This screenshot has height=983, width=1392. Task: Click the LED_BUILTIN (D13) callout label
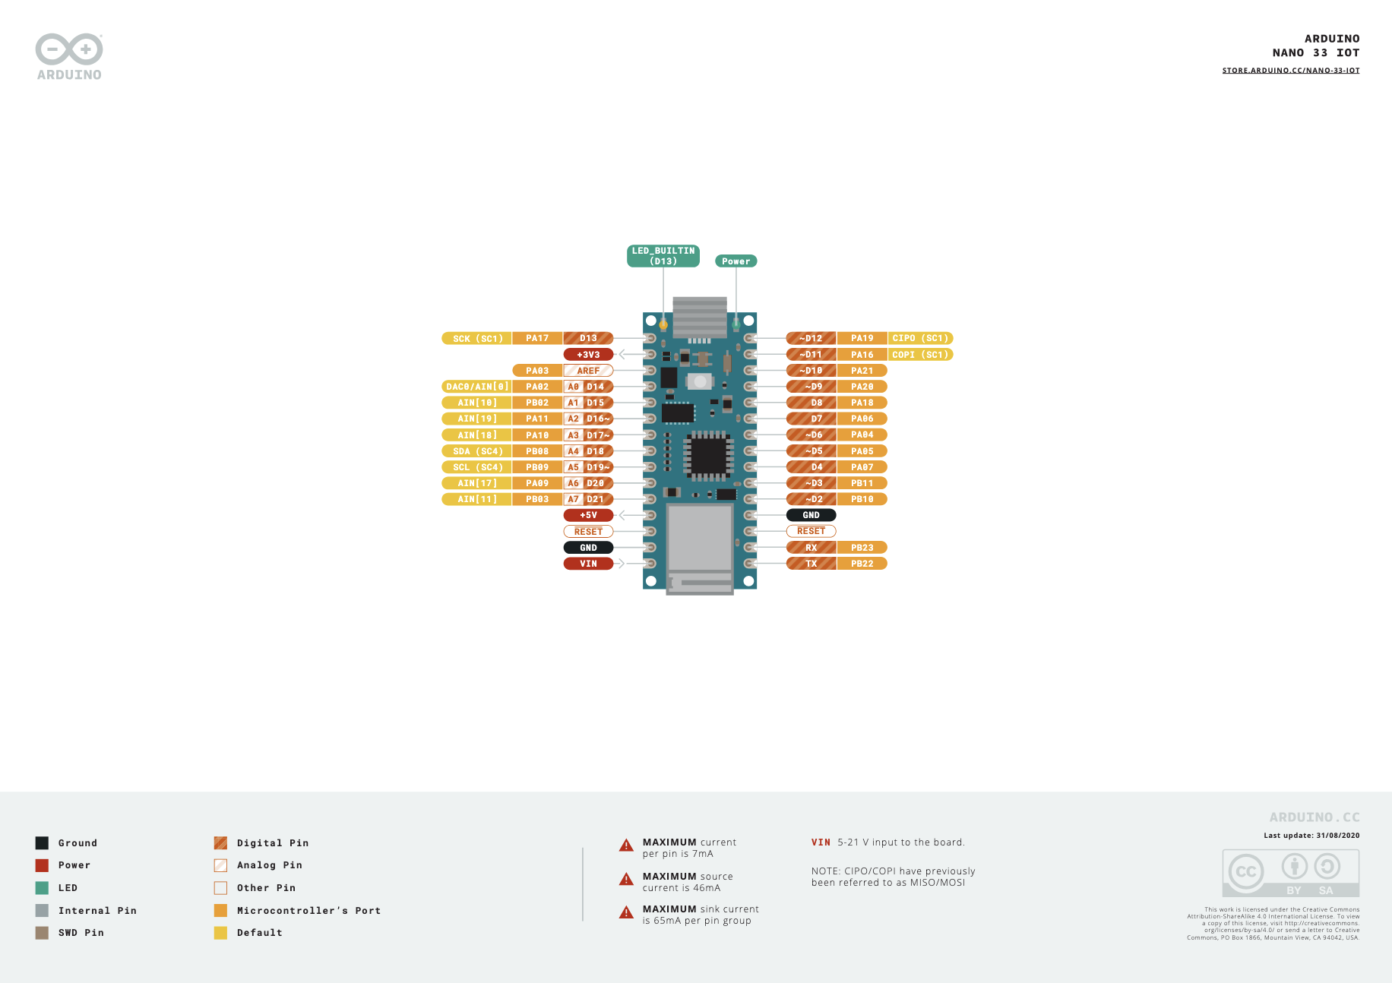[663, 256]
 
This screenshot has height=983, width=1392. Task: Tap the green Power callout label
[736, 261]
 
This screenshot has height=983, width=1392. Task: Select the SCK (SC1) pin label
[477, 339]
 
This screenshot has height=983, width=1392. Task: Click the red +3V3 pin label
[588, 355]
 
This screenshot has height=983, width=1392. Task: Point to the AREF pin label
[588, 371]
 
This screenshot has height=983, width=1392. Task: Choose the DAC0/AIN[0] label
[477, 387]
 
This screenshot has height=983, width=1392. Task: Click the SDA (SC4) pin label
[477, 451]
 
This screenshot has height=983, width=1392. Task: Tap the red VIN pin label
[588, 564]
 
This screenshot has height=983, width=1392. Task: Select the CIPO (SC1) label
[920, 338]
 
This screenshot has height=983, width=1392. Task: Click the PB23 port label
[862, 548]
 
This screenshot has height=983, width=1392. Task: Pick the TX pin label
[811, 564]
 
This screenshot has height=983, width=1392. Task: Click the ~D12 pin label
[811, 338]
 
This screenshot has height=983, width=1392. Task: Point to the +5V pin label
[588, 515]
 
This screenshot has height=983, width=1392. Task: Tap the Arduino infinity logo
[69, 50]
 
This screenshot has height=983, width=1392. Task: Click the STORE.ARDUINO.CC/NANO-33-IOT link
[1290, 71]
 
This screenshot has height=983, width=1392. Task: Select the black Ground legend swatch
[42, 843]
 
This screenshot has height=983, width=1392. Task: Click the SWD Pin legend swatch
[42, 933]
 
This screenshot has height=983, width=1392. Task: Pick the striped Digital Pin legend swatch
[220, 843]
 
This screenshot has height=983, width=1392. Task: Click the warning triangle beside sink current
[626, 912]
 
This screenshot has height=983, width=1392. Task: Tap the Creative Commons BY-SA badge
[1290, 874]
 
